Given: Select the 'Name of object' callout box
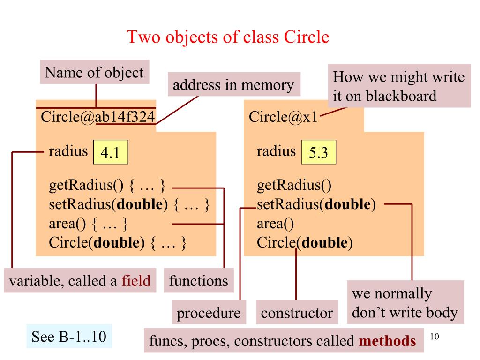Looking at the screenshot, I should coord(94,72).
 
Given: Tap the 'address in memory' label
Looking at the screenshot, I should coord(233,85).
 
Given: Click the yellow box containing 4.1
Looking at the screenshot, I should coord(111,153).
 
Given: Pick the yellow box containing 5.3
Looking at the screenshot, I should coord(318,153).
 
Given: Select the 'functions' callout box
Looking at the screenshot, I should coord(199,281).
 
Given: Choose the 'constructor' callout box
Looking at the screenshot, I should coord(297,313).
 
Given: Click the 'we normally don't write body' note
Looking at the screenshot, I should coord(405,303).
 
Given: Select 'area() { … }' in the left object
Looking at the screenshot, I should coord(89,224).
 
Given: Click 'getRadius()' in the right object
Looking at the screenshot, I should coord(294,187).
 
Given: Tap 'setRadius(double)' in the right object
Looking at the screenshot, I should coord(316,205).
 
